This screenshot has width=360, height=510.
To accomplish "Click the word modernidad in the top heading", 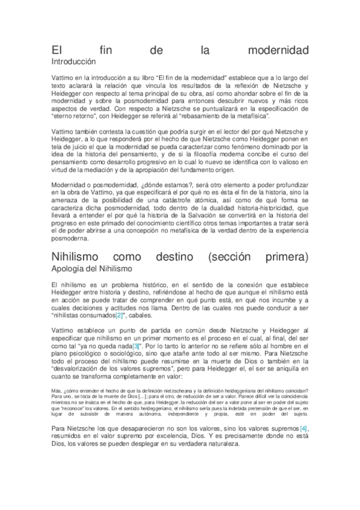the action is (x=278, y=51).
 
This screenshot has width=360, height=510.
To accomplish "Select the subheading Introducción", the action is (x=73, y=61).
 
